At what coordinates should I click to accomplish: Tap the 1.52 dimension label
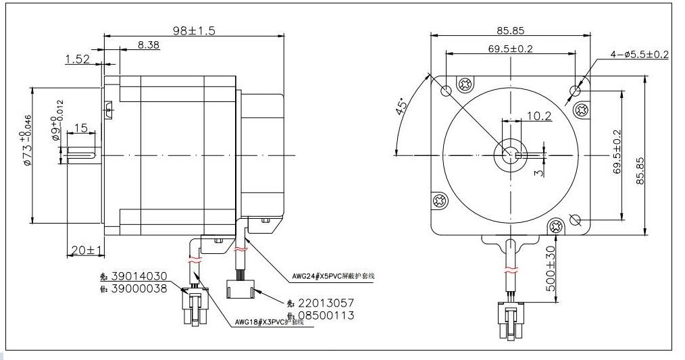point(78,59)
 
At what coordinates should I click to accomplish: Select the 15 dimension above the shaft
point(80,128)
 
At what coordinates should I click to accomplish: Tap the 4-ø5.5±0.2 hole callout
point(638,55)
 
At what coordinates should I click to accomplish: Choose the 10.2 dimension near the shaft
point(538,116)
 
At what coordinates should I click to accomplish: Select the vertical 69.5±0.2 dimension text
point(617,153)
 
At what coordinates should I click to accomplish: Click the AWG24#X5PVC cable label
point(333,276)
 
